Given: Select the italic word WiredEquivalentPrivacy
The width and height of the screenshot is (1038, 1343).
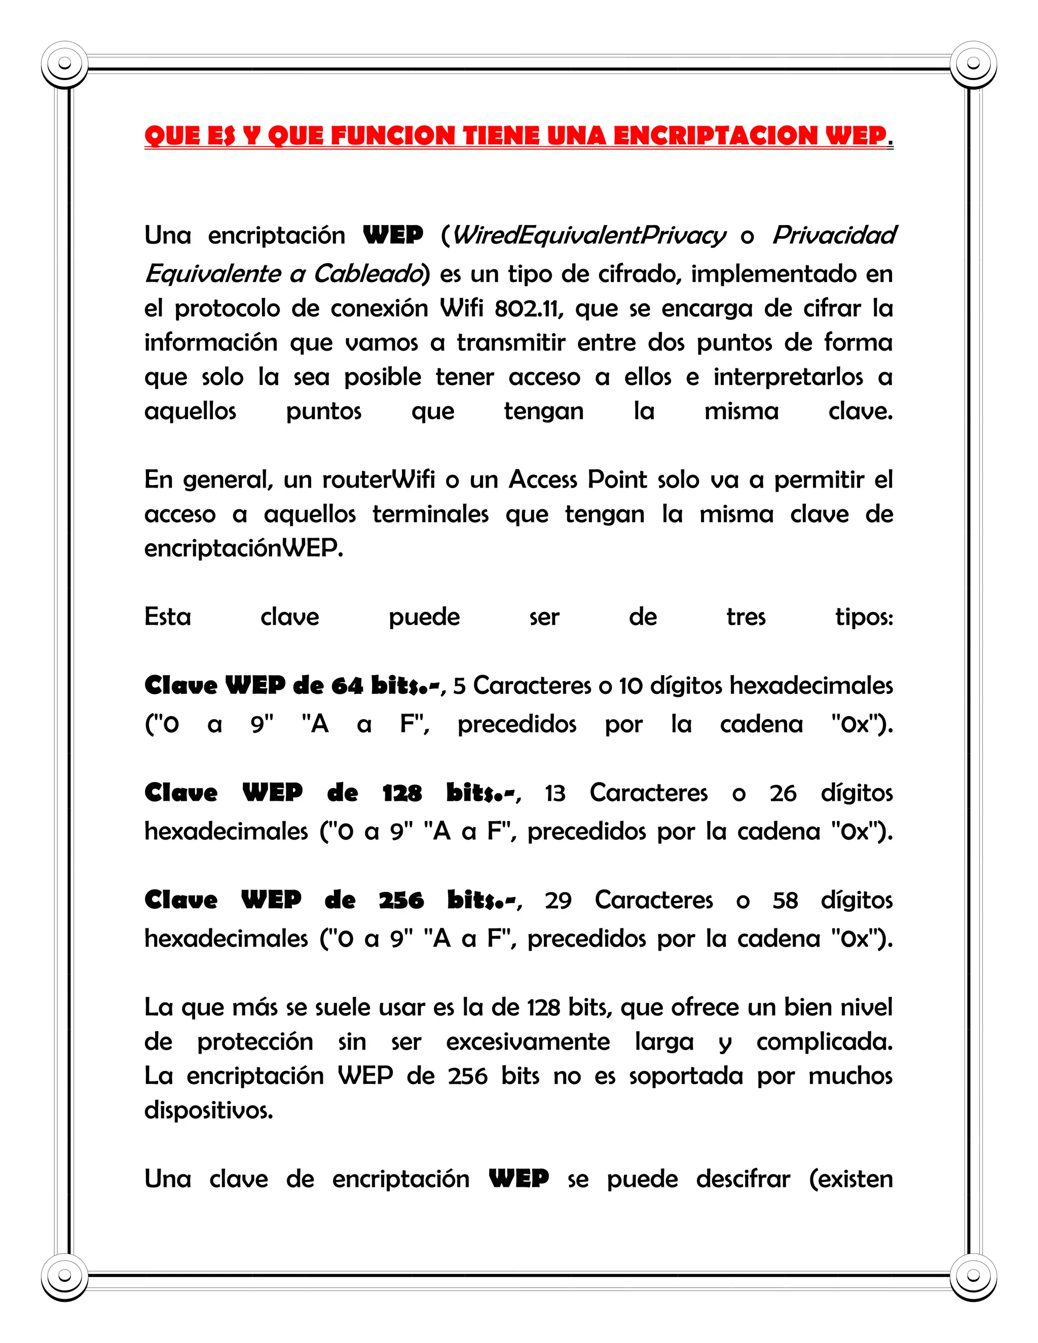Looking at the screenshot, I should pyautogui.click(x=588, y=236).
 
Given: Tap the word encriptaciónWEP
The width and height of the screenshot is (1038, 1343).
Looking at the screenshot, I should pyautogui.click(x=243, y=547).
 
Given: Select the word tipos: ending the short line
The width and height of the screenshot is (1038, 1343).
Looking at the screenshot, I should pyautogui.click(x=863, y=616).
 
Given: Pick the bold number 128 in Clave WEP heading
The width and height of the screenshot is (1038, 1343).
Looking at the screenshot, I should pyautogui.click(x=401, y=793).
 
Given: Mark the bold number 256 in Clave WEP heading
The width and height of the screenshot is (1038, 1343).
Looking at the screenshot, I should pyautogui.click(x=401, y=900).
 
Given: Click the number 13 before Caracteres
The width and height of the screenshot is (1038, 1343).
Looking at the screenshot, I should pyautogui.click(x=554, y=793).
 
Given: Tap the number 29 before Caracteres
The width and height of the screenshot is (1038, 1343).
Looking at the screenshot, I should pyautogui.click(x=558, y=900).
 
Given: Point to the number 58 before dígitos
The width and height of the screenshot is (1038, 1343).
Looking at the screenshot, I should pyautogui.click(x=785, y=900).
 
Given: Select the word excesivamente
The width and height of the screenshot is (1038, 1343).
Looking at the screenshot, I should pyautogui.click(x=528, y=1041).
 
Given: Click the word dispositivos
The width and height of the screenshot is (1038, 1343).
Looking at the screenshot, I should pyautogui.click(x=208, y=1110).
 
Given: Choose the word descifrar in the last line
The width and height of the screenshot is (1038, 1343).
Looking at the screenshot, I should pyautogui.click(x=743, y=1179).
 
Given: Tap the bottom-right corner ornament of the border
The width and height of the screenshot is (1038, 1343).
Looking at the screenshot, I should pyautogui.click(x=973, y=1279).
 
